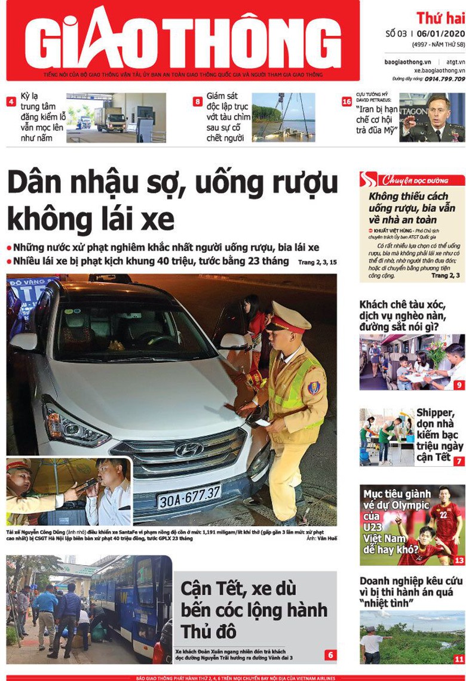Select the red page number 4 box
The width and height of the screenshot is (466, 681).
click(x=11, y=101)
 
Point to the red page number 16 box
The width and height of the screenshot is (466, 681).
click(x=346, y=101)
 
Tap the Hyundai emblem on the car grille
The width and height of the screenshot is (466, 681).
click(x=189, y=449)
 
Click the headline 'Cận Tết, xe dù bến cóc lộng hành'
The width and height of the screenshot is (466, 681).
click(x=254, y=609)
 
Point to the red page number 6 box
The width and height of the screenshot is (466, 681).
click(x=331, y=655)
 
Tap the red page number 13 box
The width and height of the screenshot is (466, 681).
click(x=459, y=560)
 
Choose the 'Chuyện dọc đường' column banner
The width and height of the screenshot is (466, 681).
click(x=412, y=179)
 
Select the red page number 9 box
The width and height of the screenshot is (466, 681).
click(x=459, y=385)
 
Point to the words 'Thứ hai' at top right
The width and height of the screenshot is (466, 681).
click(x=440, y=18)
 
